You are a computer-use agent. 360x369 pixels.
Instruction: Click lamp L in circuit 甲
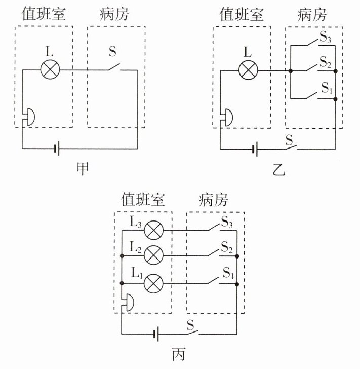point(50,69)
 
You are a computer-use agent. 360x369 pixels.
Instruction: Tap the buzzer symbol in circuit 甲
point(29,117)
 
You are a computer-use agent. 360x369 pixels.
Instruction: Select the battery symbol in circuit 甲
point(57,149)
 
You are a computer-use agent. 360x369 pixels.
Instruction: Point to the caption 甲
point(83,168)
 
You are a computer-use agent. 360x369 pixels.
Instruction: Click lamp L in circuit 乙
point(248,70)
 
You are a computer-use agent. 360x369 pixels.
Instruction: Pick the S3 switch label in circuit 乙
point(325,37)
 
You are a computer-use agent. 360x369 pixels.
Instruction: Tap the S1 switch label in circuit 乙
point(327,88)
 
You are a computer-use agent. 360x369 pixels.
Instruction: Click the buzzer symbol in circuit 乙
point(227,118)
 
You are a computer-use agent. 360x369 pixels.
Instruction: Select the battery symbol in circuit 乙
point(255,149)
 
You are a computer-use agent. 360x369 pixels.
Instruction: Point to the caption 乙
point(279,169)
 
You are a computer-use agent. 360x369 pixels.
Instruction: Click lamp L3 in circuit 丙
point(153,230)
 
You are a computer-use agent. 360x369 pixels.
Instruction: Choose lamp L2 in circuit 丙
point(153,255)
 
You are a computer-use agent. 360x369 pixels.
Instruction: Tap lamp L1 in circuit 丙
point(153,283)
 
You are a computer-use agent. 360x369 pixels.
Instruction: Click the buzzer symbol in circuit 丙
point(129,303)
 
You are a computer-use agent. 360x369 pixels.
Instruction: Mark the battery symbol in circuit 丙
point(156,334)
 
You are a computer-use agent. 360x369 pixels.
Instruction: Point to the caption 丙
point(179,354)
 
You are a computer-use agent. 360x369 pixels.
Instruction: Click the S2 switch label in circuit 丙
point(227,247)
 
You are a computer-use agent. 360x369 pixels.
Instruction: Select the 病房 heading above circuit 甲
point(114,14)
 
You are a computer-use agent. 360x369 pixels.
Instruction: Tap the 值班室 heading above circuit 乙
point(242,14)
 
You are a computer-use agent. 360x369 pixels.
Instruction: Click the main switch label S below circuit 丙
point(190,325)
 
